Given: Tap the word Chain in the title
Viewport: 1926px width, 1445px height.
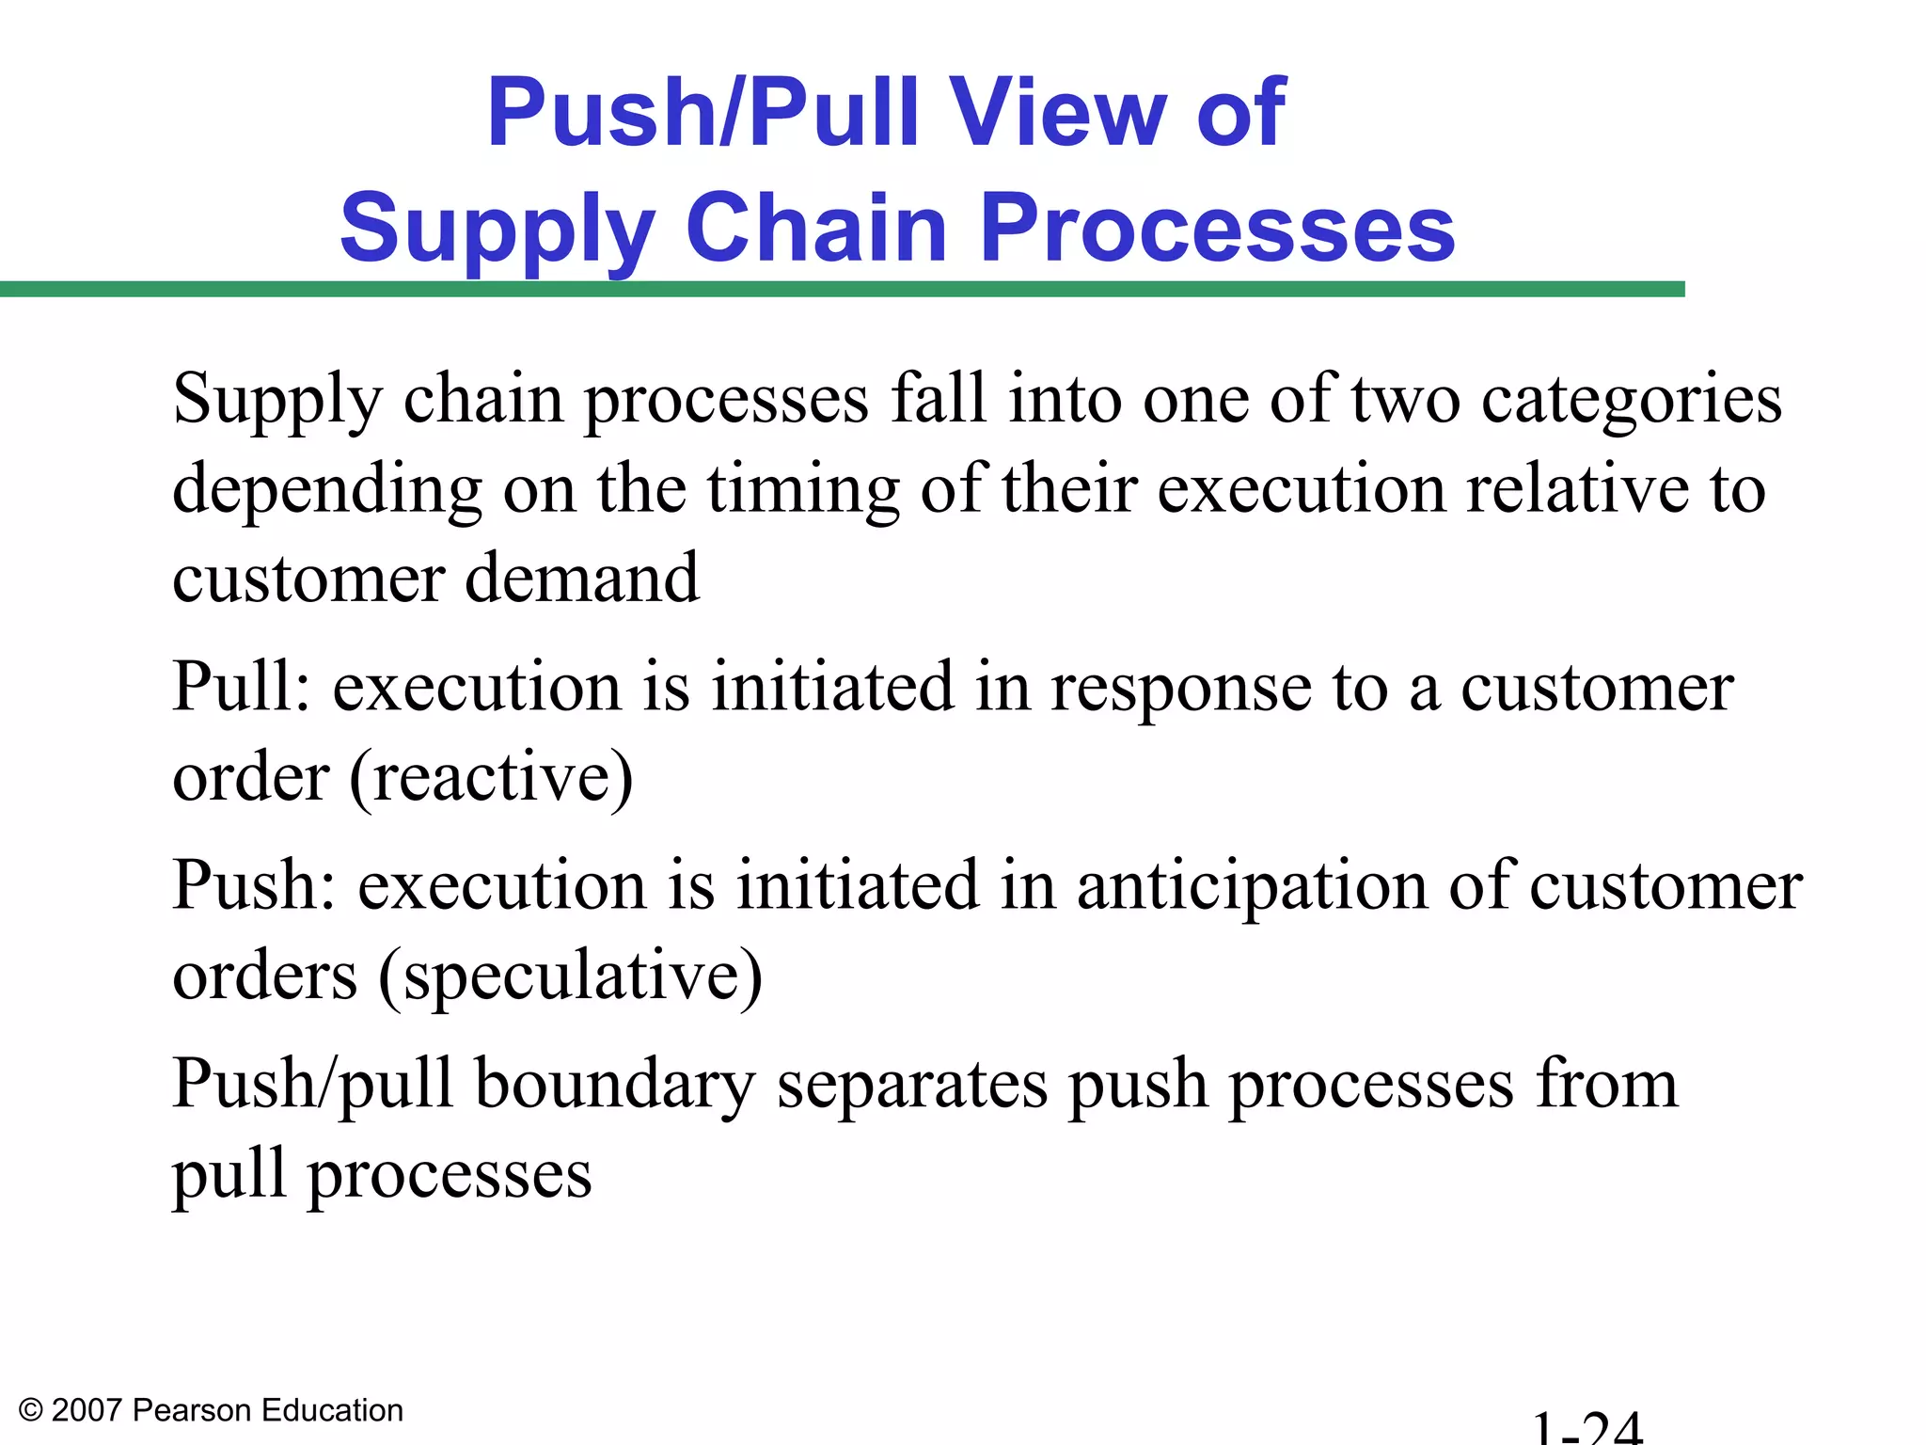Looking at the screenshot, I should click(816, 229).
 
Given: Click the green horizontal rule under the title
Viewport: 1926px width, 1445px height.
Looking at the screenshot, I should click(842, 289).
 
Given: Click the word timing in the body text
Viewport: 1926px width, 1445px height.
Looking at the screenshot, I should click(803, 491).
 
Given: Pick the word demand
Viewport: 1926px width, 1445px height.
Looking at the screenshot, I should click(582, 577).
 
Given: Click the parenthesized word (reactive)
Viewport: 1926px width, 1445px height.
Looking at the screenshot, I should click(491, 778).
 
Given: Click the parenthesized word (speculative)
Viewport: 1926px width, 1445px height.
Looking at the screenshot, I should click(570, 977).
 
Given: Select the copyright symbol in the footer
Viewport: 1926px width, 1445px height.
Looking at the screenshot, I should click(31, 1411).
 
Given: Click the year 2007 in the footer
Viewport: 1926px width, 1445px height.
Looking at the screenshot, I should click(87, 1411).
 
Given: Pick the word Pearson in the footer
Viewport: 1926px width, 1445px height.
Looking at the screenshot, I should click(193, 1411).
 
